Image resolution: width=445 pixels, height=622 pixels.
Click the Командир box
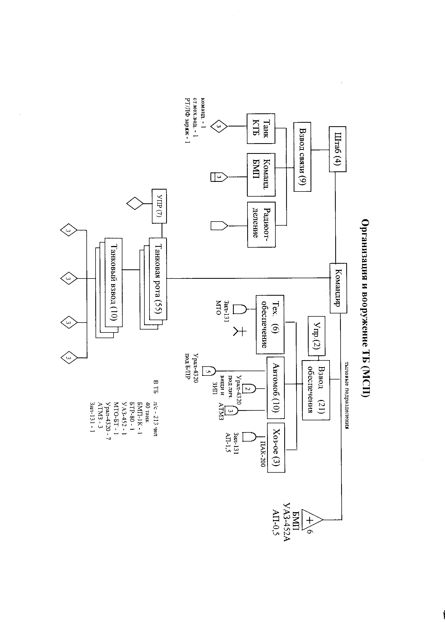click(x=338, y=288)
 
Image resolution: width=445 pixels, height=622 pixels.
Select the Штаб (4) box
click(x=337, y=149)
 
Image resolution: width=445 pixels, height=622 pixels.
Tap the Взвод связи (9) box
click(x=302, y=157)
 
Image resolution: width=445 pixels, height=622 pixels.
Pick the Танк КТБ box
click(x=261, y=129)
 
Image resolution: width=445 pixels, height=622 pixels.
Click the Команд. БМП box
click(x=261, y=175)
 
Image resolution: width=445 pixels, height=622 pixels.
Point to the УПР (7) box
click(x=159, y=206)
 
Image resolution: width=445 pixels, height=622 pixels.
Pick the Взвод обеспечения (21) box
click(x=316, y=390)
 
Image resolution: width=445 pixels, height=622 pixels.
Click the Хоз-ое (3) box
click(x=276, y=447)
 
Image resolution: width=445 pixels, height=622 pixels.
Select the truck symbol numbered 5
click(x=209, y=371)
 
